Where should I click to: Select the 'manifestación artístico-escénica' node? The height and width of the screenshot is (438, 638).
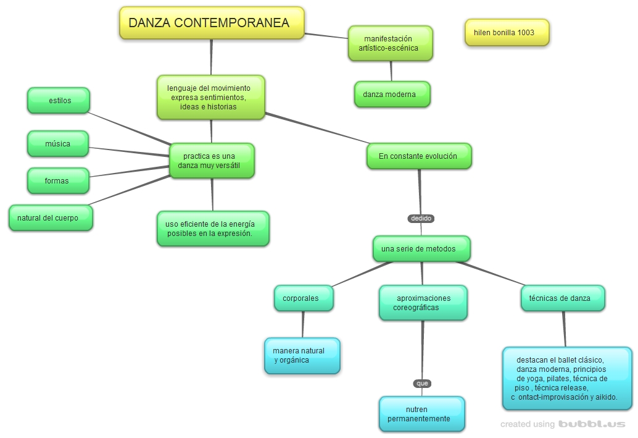pyautogui.click(x=390, y=43)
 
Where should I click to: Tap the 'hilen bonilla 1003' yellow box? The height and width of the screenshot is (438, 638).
pyautogui.click(x=507, y=32)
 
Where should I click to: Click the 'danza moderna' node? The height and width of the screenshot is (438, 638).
pyautogui.click(x=392, y=95)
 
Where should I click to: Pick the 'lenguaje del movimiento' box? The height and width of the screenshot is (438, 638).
pyautogui.click(x=211, y=97)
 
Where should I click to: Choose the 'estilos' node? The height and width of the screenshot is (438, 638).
pyautogui.click(x=59, y=100)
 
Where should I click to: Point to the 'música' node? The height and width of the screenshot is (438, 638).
pyautogui.click(x=58, y=143)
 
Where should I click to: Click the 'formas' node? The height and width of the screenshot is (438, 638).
pyautogui.click(x=58, y=180)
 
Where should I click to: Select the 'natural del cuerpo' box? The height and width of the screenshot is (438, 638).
pyautogui.click(x=51, y=217)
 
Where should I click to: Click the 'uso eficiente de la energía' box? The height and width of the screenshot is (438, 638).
pyautogui.click(x=213, y=229)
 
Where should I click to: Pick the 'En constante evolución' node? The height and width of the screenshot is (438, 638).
pyautogui.click(x=419, y=156)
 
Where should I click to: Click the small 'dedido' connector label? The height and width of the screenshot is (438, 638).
pyautogui.click(x=421, y=218)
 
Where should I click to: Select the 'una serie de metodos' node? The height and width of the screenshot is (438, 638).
pyautogui.click(x=421, y=248)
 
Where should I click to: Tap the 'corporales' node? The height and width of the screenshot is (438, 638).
pyautogui.click(x=303, y=298)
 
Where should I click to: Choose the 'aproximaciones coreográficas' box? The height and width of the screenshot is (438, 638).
pyautogui.click(x=423, y=303)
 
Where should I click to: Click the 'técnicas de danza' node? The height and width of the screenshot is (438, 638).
pyautogui.click(x=562, y=298)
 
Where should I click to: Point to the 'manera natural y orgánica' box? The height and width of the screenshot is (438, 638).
pyautogui.click(x=302, y=355)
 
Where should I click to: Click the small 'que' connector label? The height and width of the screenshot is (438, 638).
pyautogui.click(x=422, y=383)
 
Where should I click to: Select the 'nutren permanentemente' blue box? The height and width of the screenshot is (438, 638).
pyautogui.click(x=421, y=414)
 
